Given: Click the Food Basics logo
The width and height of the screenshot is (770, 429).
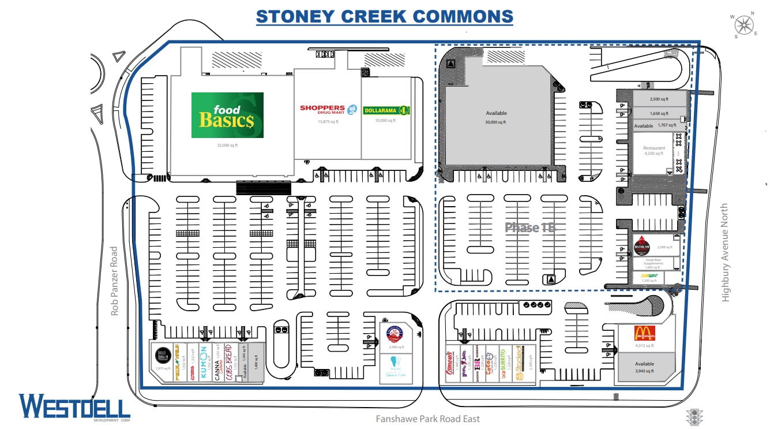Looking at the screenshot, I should point(227,115).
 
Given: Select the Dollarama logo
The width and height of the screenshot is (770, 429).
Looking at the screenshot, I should point(386,110).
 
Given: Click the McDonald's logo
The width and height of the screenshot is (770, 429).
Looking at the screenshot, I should point(644,333).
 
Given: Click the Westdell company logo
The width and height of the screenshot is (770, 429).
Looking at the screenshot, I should point(74,406).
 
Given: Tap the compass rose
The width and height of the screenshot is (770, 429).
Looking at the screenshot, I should point(745,24).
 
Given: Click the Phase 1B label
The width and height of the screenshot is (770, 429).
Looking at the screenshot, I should point(529,227).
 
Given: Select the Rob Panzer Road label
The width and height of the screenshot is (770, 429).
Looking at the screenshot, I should point(114,281).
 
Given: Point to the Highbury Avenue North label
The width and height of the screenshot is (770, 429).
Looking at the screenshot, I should point(725,252).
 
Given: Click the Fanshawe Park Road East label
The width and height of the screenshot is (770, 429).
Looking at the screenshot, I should point(427,419).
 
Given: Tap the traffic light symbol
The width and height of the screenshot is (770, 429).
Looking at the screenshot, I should point(695,417).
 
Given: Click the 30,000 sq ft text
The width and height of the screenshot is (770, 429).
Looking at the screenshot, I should point(495,122).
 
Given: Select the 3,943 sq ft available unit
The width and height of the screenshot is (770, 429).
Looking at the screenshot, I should point(644,367).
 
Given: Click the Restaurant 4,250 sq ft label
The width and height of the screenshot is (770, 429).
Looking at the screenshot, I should point(653,151).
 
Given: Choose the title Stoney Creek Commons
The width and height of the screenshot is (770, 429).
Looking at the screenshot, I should point(384,16).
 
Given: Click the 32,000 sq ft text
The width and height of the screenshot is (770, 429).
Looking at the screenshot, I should point(227,146).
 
